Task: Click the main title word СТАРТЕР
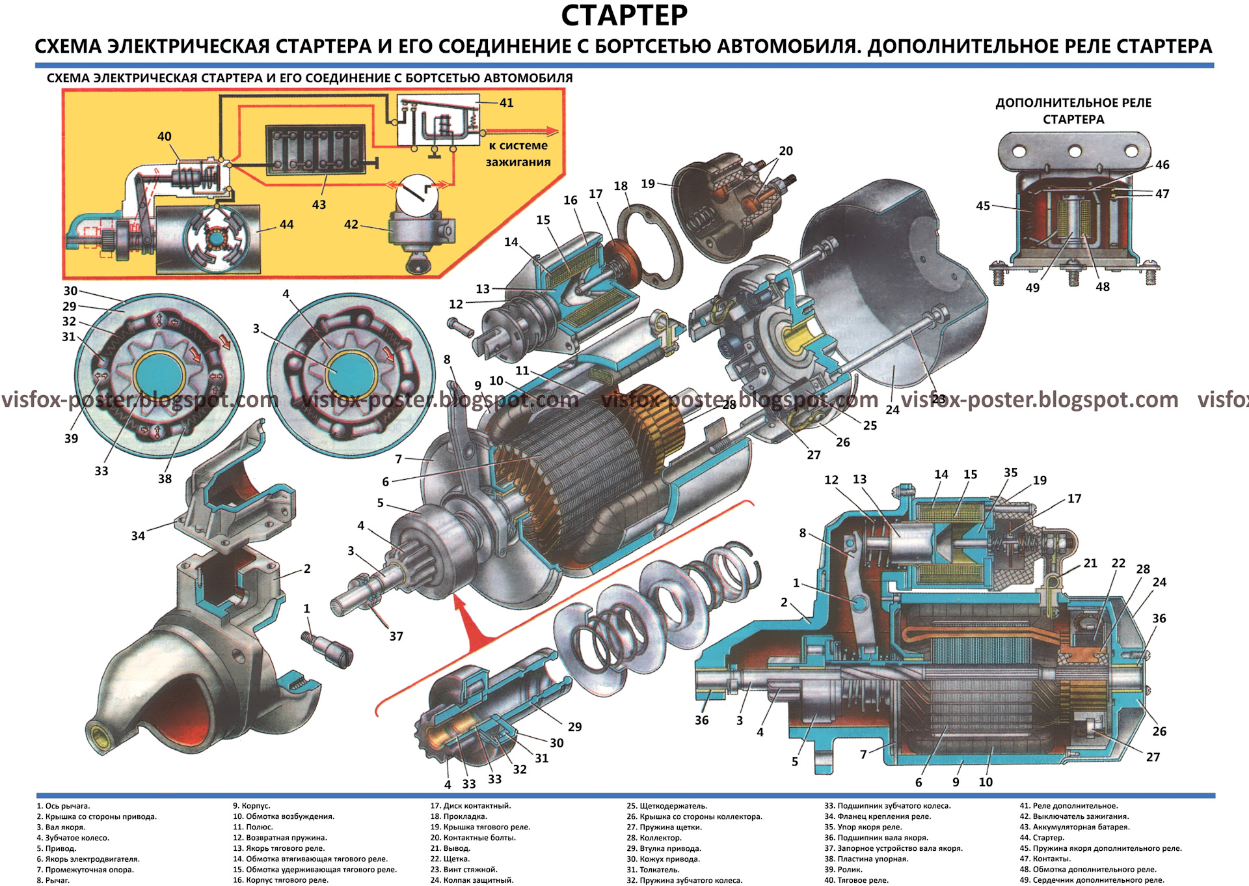[624, 16]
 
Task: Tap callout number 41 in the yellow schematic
[506, 103]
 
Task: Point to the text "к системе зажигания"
[518, 154]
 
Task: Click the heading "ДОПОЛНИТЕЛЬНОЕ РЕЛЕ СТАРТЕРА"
[1073, 111]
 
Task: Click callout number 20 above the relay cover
[786, 151]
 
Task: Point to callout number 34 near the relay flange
[138, 536]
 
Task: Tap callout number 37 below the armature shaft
[396, 636]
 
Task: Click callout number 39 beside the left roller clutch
[71, 438]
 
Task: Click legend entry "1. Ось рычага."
[63, 806]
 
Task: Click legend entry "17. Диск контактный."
[470, 806]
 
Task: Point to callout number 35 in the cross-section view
[1010, 473]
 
